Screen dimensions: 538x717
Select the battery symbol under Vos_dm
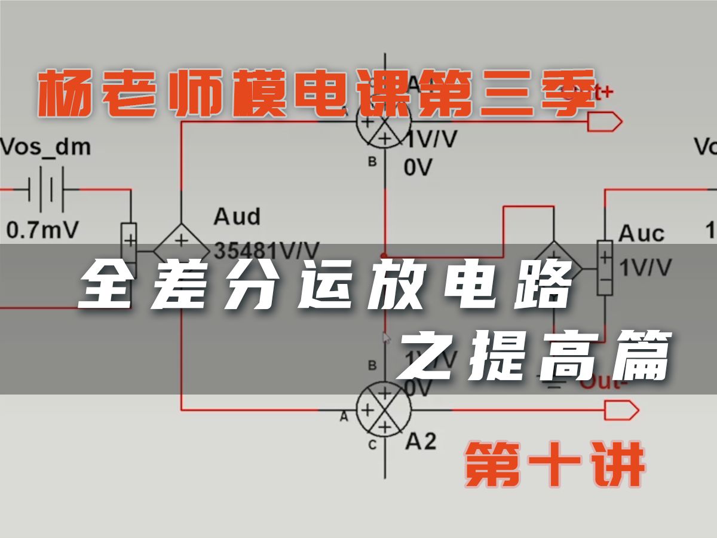coord(45,191)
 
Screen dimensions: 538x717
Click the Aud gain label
coord(237,216)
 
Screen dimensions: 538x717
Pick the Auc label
coord(641,233)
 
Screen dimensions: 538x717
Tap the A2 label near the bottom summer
coord(421,441)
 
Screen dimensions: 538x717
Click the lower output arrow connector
coord(622,410)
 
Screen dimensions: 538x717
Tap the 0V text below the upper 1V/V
coord(418,168)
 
